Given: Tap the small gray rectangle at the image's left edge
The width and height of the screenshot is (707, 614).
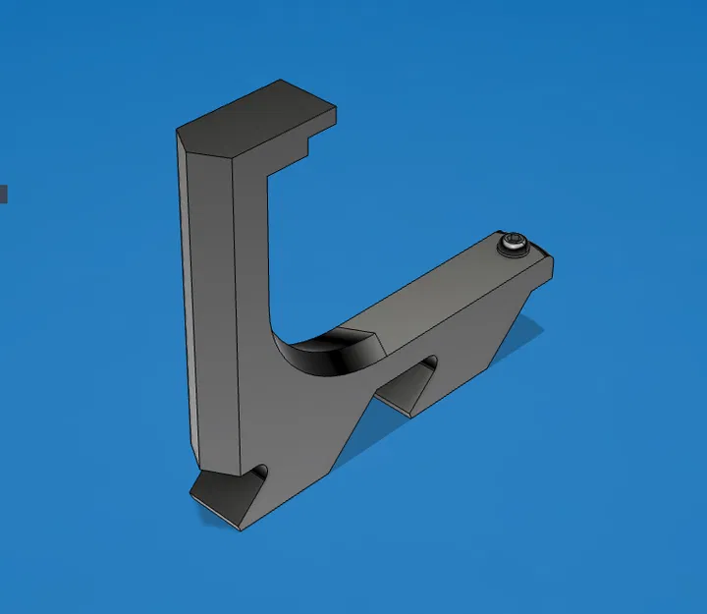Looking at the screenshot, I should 3,194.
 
